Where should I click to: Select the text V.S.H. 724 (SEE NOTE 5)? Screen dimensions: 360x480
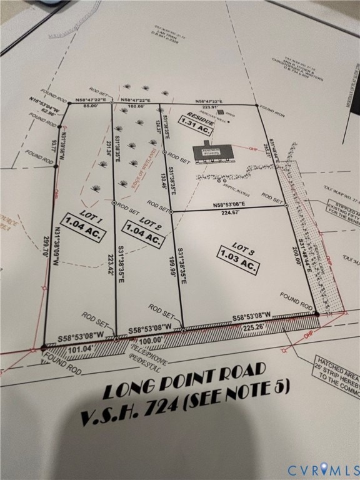pos(186,402)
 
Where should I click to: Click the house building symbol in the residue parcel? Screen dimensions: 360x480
pos(213,152)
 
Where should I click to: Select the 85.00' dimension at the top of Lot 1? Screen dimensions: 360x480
pos(89,106)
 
